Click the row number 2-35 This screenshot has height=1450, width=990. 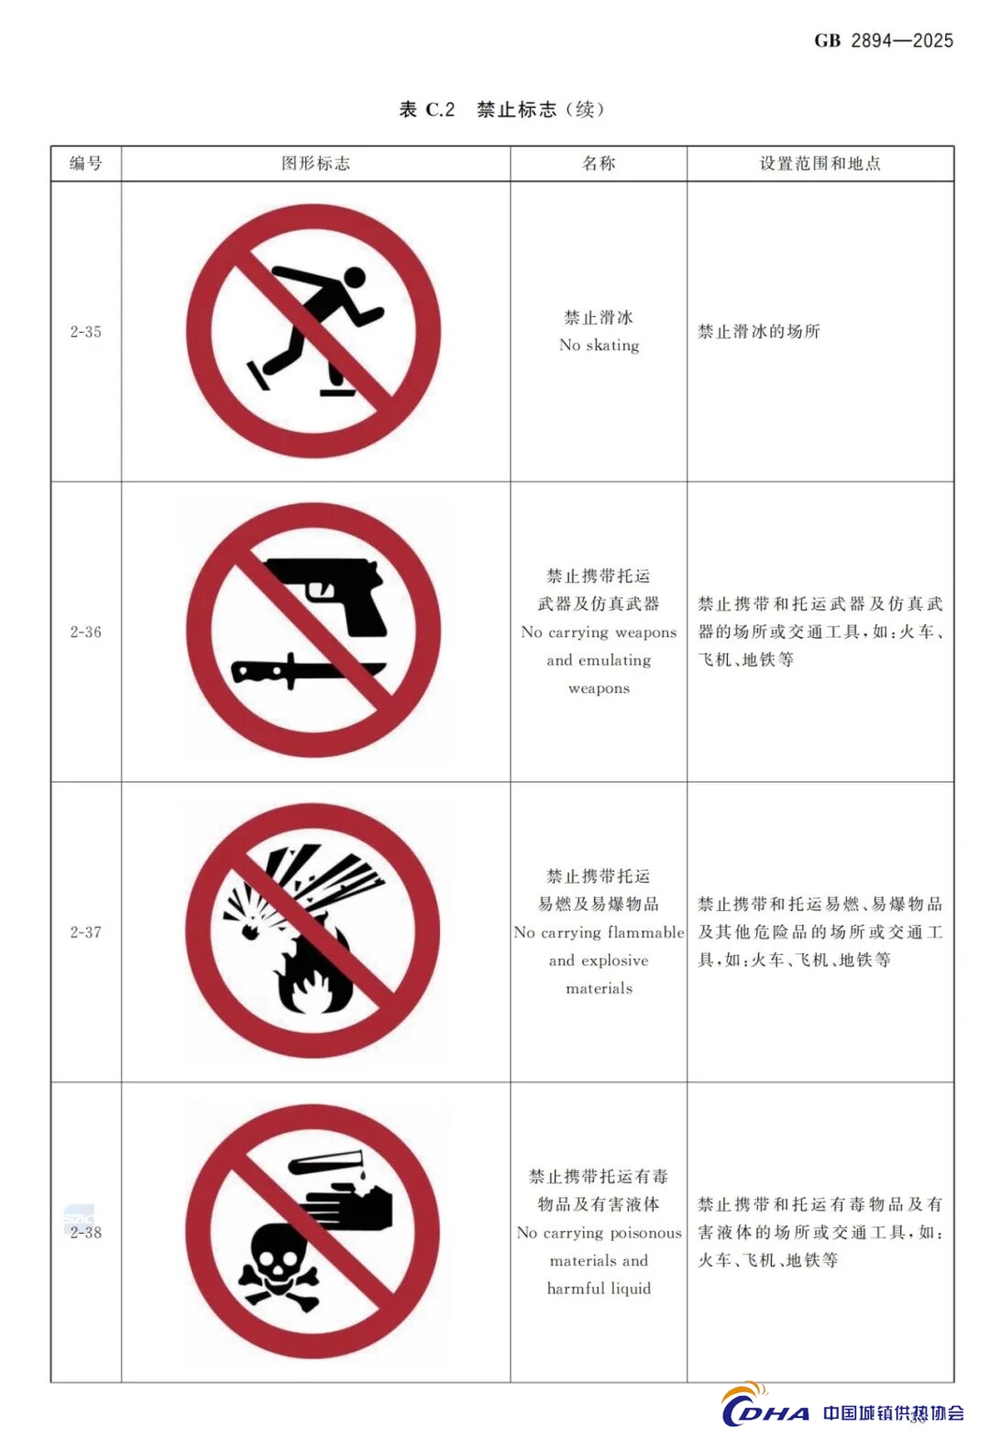click(85, 332)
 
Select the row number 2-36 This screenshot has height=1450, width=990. click(85, 632)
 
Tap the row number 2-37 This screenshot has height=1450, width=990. click(85, 932)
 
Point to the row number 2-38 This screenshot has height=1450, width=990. click(85, 1233)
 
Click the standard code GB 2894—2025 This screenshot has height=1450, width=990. click(884, 40)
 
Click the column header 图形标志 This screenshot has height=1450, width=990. click(316, 163)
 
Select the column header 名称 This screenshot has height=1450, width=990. click(599, 163)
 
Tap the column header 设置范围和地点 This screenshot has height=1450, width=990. click(820, 163)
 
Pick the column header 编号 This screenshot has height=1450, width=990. click(86, 163)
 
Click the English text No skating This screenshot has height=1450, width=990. click(599, 345)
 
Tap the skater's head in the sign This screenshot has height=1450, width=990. click(354, 278)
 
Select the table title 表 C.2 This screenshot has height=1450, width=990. click(426, 109)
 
